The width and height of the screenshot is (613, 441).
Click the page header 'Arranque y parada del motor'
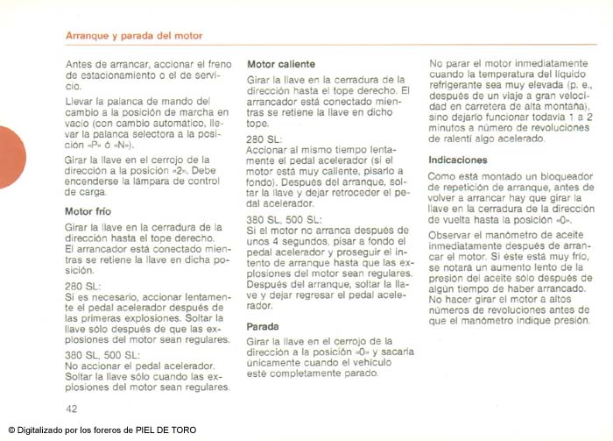(x=134, y=36)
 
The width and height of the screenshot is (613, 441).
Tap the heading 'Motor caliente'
(x=281, y=64)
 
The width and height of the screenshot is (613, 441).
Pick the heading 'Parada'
(x=265, y=326)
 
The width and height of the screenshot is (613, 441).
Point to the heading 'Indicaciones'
(x=457, y=160)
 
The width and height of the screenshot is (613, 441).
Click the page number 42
(x=72, y=409)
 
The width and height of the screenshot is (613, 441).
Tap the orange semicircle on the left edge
(x=11, y=157)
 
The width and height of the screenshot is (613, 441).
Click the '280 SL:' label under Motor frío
(x=82, y=286)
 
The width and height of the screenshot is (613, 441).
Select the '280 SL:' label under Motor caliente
(x=264, y=139)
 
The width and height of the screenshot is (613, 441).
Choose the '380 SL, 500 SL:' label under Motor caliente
(x=284, y=218)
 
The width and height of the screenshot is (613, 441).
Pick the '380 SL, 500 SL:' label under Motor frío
(x=102, y=354)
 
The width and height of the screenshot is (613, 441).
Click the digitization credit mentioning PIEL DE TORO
(x=102, y=430)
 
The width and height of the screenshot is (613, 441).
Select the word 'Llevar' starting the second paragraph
(x=80, y=103)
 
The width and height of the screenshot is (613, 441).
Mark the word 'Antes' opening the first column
(x=80, y=64)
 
